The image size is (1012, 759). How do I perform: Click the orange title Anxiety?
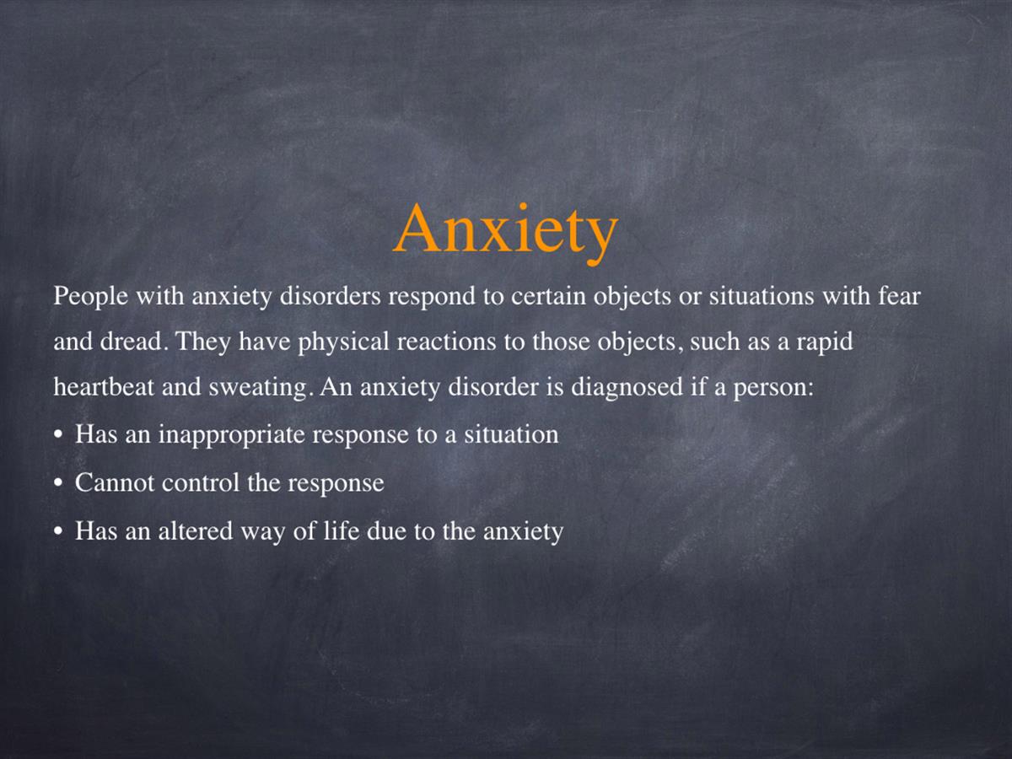(x=505, y=234)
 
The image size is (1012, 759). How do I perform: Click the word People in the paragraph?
(x=90, y=297)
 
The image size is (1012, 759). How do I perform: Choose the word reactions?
(x=446, y=342)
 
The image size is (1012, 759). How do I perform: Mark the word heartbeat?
(x=103, y=386)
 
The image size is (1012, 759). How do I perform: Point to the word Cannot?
(x=115, y=483)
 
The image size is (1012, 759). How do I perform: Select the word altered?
(x=196, y=530)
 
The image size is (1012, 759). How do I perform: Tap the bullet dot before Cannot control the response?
(x=57, y=484)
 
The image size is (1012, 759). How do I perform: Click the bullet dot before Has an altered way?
(x=57, y=532)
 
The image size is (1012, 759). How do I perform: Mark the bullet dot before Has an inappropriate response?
(x=57, y=435)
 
